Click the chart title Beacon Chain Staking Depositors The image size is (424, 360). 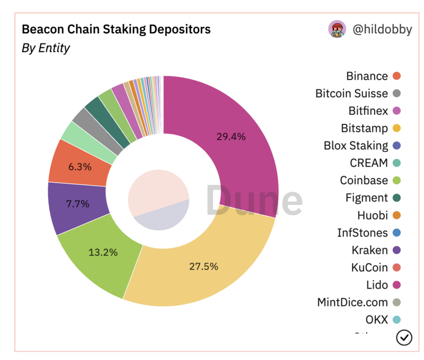click(116, 29)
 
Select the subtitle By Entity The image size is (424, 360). click(46, 48)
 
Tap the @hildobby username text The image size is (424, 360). click(382, 29)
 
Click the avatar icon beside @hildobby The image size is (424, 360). click(337, 29)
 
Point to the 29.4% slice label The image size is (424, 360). click(231, 137)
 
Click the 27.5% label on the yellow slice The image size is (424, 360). click(204, 266)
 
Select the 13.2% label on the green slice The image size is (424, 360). click(103, 252)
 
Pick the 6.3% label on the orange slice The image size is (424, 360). click(80, 166)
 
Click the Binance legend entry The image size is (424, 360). click(367, 76)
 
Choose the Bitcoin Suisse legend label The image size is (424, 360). click(351, 94)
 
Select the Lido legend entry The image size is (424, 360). click(377, 285)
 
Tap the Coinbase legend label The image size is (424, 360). click(364, 181)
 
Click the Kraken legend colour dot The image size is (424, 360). click(396, 250)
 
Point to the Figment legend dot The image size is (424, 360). click(396, 198)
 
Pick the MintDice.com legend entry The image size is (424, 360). click(352, 302)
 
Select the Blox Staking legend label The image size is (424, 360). click(356, 146)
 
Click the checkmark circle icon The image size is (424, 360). click(404, 337)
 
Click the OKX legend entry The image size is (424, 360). click(376, 320)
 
